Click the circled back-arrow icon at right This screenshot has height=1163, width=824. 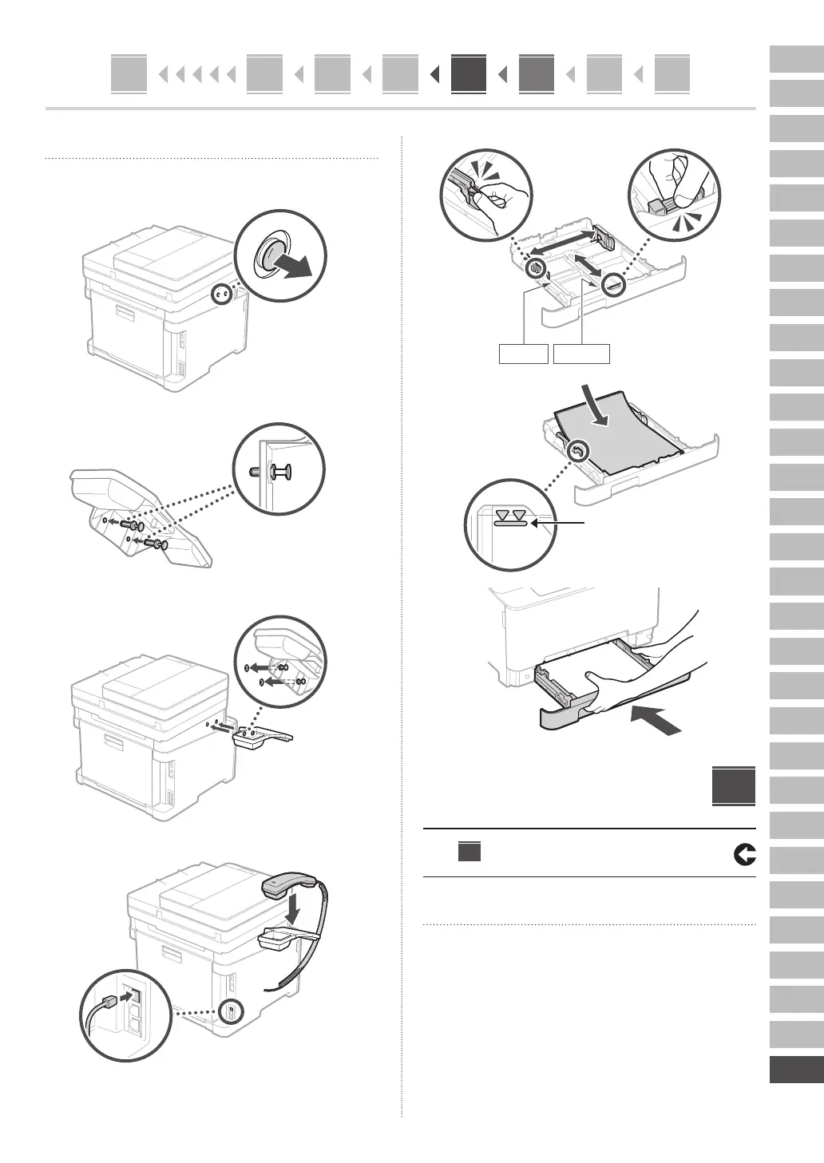coord(743,855)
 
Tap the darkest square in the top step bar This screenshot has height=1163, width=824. coord(468,74)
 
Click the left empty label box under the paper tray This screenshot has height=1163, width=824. coord(523,354)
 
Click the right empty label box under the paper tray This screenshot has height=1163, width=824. coord(582,354)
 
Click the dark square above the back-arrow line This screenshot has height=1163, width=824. coord(734,787)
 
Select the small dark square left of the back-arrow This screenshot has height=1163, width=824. coord(469,852)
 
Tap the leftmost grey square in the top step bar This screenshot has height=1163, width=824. coord(129,74)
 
